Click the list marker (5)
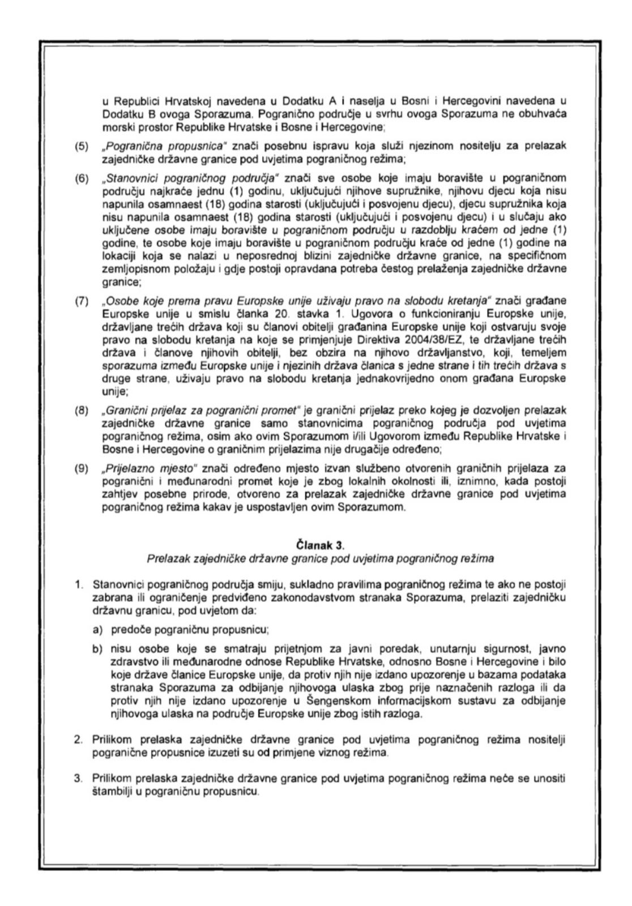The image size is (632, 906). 82,146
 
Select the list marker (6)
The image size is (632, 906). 82,179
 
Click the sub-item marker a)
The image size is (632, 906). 98,629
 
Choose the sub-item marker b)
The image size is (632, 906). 98,648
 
